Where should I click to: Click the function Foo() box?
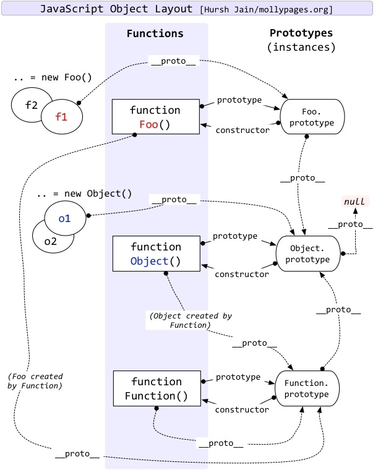coord(155,116)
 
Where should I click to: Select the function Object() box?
coord(155,254)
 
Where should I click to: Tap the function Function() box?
coord(155,388)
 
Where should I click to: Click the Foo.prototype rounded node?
coord(311,117)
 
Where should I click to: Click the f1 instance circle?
coord(60,115)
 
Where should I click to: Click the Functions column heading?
coord(155,33)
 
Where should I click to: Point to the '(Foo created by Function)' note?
coord(36,382)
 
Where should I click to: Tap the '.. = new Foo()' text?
coord(43,79)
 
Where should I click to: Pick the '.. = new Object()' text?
coord(84,193)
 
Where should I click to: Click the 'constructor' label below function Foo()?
coord(242,130)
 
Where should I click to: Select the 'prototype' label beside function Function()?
coord(238,377)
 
